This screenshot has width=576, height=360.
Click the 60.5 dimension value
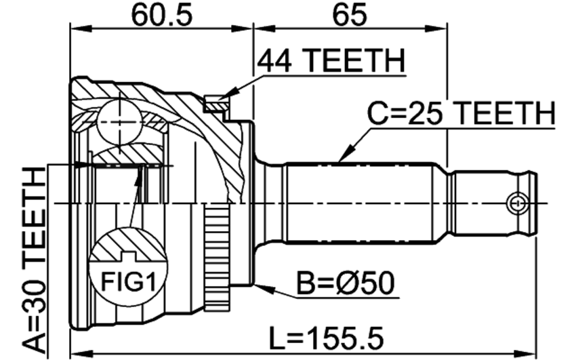162,15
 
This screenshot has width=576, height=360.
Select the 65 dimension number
350,15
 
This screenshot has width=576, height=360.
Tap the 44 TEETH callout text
331,61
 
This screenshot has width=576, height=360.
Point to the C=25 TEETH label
461,113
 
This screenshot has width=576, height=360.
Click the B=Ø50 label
346,283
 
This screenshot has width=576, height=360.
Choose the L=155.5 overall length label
327,338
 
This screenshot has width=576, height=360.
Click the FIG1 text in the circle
128,283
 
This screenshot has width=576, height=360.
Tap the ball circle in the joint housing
119,122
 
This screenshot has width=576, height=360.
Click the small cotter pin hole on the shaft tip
516,203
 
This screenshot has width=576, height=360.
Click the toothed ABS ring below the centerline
217,258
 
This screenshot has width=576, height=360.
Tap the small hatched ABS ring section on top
215,103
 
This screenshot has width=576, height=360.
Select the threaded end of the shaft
492,203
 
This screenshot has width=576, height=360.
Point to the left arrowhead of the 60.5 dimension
80,28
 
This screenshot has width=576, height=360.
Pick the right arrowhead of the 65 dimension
437,28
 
